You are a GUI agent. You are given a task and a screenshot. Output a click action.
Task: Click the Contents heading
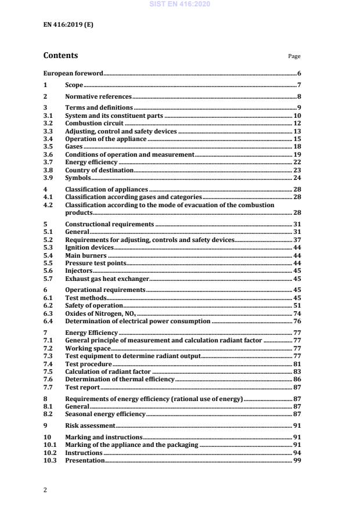click(60, 56)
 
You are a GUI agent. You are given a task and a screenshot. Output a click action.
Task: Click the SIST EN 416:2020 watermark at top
click(179, 4)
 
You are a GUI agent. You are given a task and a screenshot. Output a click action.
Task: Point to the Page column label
click(294, 57)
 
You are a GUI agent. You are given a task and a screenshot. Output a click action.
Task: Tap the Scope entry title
click(74, 85)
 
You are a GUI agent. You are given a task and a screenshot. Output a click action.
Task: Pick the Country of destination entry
click(99, 171)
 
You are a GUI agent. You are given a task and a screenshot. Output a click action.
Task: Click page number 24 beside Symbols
click(296, 178)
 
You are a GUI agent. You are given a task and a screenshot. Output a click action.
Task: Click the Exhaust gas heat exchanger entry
click(107, 279)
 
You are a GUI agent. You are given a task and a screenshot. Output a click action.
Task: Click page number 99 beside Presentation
click(296, 460)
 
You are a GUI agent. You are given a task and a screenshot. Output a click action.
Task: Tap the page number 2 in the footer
click(45, 490)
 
